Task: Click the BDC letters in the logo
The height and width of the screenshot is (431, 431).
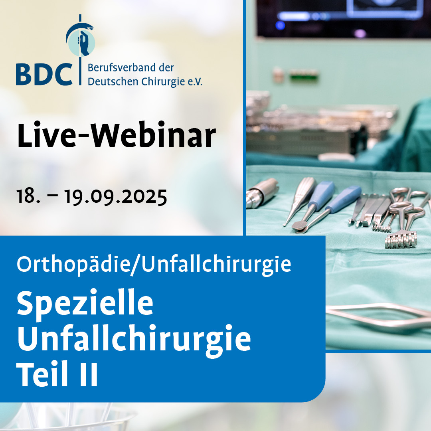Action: coord(44,74)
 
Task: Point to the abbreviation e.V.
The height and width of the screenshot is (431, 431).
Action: coord(195,82)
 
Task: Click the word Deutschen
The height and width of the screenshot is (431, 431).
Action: coord(113,82)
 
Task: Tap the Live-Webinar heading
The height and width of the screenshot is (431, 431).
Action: coord(117,135)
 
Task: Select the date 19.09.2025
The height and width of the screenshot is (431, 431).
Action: coord(115,196)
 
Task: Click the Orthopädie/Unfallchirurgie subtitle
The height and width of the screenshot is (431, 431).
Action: coord(154,265)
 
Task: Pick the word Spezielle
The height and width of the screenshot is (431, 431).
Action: coord(85,303)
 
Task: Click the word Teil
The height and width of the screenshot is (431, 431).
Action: coord(42,374)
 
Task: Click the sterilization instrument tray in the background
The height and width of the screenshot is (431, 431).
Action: coord(322,129)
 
